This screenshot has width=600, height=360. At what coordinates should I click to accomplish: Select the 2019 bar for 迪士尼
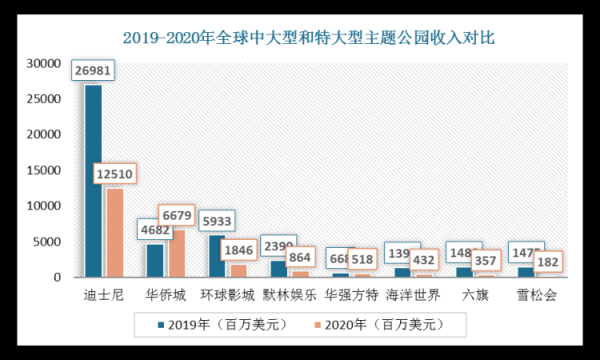[x=93, y=180]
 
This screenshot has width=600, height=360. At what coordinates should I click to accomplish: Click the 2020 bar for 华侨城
[x=175, y=254]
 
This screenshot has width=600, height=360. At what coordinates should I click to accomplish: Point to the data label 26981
[x=94, y=72]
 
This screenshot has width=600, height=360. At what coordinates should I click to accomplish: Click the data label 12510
[x=114, y=176]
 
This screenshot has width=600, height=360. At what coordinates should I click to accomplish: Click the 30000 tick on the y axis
[x=45, y=63]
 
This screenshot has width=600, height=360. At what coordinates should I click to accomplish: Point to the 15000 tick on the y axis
[x=45, y=170]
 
